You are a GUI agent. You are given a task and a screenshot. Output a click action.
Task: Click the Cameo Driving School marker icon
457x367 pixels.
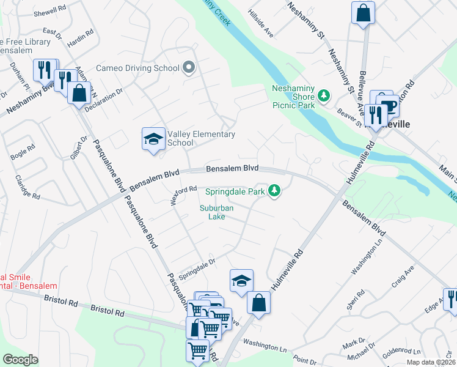pos(188,68)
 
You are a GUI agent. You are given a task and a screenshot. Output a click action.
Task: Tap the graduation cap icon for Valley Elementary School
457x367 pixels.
pos(153,138)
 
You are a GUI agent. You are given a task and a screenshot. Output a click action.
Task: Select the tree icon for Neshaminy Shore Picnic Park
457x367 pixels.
pos(323,96)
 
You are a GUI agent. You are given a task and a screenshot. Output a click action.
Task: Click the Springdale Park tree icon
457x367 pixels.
pos(276,191)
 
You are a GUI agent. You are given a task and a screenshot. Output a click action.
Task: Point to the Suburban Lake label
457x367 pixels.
pos(216,212)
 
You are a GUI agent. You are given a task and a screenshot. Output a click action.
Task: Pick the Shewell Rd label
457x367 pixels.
pos(50,12)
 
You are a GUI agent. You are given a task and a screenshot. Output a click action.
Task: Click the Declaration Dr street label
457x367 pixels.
pos(104,97)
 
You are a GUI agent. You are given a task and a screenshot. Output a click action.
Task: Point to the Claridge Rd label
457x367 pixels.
pos(27,187)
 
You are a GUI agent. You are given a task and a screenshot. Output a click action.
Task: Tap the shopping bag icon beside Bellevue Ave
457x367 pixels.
pos(363,12)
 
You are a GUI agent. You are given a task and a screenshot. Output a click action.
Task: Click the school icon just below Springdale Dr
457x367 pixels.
pos(241,281)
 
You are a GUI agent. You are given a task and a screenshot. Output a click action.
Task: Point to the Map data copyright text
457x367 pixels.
pos(431,362)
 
